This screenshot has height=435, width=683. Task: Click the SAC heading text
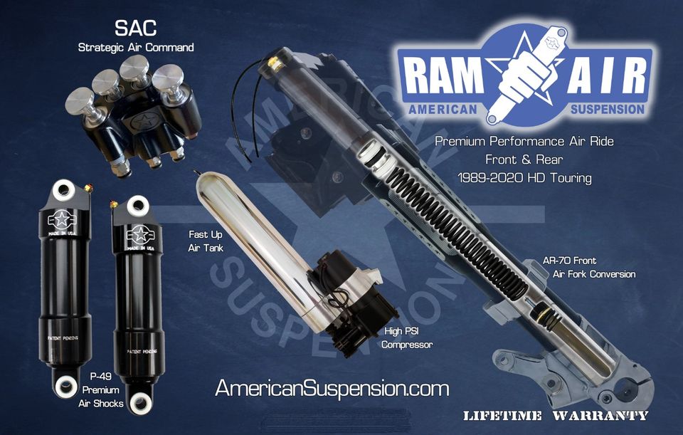135,28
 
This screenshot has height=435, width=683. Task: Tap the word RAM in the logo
444,76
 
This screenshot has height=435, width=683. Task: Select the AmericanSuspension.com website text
332,388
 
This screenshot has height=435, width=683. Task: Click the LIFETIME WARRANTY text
556,415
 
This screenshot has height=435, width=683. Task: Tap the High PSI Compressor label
407,337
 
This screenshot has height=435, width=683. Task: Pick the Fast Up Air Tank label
206,241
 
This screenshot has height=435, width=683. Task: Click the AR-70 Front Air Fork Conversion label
589,267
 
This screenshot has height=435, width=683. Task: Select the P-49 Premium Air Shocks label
100,389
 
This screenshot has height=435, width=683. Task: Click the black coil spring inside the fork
457,231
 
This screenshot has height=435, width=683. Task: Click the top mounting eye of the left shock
63,190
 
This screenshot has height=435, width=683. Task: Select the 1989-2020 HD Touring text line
524,178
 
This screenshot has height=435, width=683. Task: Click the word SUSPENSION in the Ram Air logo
607,109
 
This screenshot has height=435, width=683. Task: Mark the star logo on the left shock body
62,220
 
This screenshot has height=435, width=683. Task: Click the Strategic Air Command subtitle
136,48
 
